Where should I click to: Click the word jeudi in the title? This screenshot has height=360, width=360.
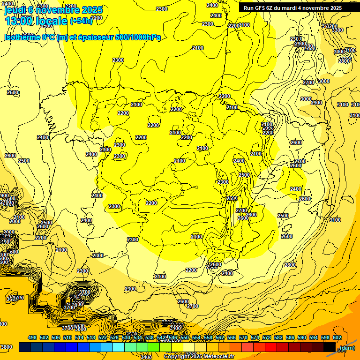pos(14,10)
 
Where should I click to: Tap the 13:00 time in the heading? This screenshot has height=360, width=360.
pos(19,21)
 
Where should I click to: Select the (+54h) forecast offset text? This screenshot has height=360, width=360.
pos(81,21)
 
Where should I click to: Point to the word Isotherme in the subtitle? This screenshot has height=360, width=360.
pos(22,37)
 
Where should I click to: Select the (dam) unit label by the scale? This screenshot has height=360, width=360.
pos(347,347)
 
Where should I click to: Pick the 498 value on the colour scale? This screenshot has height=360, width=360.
pos(32,337)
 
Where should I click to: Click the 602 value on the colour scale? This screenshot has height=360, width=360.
pos(337,337)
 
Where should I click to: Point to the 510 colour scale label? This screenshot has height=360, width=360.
pos(67,337)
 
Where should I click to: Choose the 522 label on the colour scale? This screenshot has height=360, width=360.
pos(103,337)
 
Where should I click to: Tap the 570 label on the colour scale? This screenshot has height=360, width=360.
pos(243,337)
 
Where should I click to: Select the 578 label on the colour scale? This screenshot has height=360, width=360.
pos(267,337)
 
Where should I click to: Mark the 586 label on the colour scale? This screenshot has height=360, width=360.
pos(290,337)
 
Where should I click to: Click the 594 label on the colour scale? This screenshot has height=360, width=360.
pos(314,337)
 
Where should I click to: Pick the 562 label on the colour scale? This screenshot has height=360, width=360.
pos(220,337)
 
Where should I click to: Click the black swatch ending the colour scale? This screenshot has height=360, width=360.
pos(330,347)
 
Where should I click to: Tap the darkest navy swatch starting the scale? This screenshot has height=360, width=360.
pos(25,347)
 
